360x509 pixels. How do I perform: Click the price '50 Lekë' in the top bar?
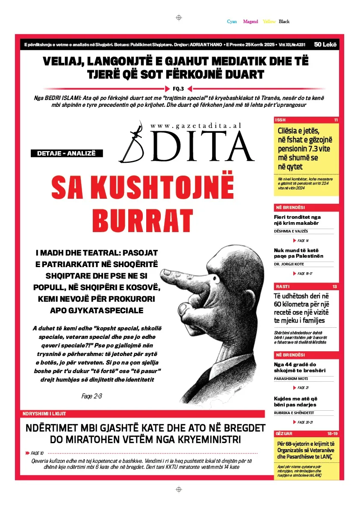325,44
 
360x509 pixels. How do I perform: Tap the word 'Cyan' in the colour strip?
232,21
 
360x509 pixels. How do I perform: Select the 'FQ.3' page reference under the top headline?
178,89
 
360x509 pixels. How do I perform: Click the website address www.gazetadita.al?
196,125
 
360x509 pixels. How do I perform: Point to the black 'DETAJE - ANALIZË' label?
66,153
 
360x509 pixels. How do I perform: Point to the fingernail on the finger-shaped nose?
168,272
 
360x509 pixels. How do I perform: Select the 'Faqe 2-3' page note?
91,396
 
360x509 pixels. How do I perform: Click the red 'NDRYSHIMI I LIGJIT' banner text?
44,414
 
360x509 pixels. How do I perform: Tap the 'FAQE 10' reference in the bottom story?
37,453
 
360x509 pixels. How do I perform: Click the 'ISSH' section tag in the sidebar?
280,120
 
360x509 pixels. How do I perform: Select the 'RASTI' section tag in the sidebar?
282,286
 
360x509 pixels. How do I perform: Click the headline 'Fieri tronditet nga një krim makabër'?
297,220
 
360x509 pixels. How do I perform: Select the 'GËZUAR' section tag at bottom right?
284,433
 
